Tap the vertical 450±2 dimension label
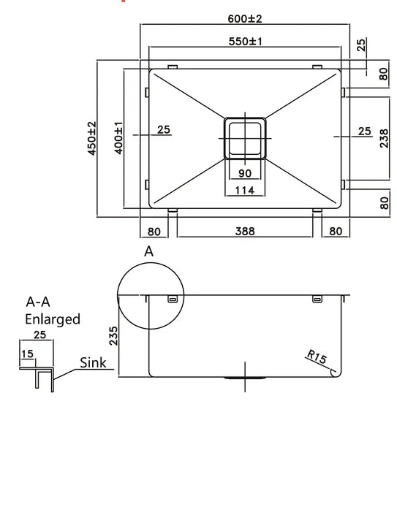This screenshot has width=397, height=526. tap(92, 139)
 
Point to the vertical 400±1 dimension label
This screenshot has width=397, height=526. tap(118, 139)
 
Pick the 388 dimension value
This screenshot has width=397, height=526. tap(245, 232)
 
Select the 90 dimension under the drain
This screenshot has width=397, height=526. tap(245, 173)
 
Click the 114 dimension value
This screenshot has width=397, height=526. tap(245, 191)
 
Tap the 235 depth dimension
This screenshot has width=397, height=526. tap(114, 337)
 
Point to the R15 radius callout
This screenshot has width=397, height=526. tap(317, 358)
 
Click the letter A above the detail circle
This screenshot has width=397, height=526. tap(148, 251)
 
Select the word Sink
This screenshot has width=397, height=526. tap(94, 362)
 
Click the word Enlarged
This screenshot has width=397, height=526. tap(53, 319)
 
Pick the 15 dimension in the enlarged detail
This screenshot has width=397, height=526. tap(28, 354)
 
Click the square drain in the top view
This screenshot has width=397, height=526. tap(245, 137)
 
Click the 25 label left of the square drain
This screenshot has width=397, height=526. tap(164, 130)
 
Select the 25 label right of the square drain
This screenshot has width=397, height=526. tap(363, 131)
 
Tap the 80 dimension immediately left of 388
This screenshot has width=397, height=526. tap(154, 232)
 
